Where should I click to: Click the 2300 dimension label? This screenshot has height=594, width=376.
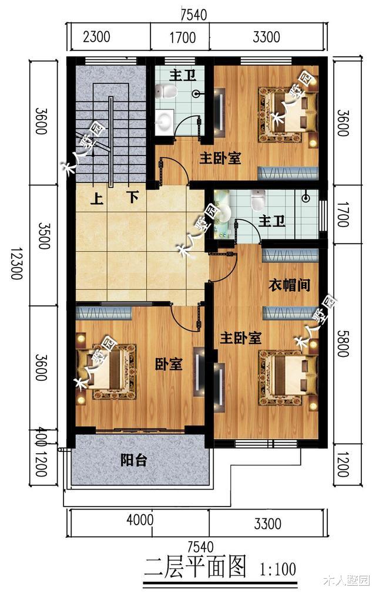click(97, 38)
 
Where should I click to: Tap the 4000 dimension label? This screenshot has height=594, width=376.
click(140, 520)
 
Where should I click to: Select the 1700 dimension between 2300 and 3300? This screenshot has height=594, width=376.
click(182, 38)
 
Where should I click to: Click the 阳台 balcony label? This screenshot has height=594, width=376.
click(133, 460)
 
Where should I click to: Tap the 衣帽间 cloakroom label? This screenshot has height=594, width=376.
click(289, 285)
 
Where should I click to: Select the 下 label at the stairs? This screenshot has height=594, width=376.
click(133, 198)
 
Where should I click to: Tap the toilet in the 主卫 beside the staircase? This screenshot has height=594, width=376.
click(169, 91)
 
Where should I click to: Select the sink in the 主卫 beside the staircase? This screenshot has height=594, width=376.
click(165, 122)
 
